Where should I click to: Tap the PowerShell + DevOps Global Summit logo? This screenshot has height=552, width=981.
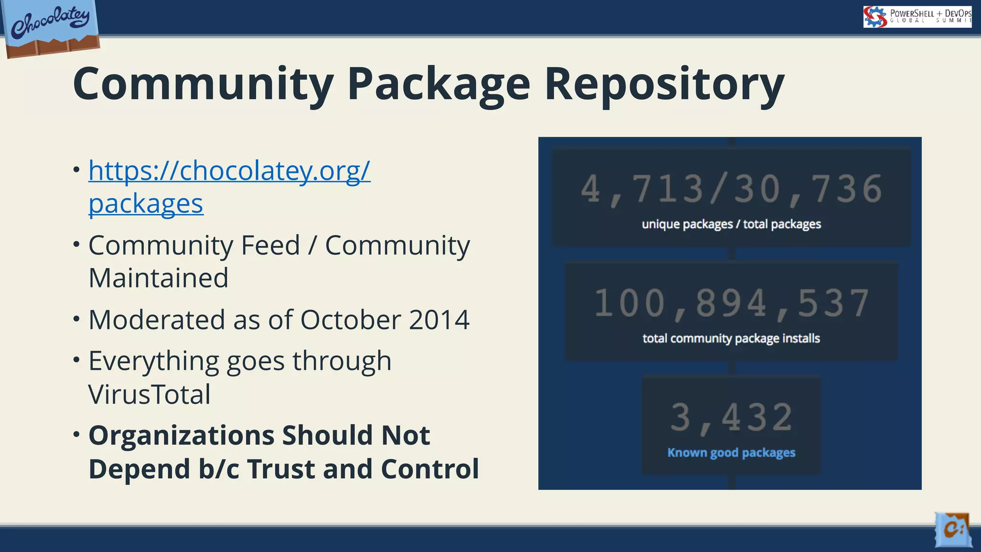point(917,17)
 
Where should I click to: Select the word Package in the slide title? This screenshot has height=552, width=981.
point(438,84)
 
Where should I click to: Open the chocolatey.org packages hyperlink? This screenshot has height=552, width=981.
point(229,171)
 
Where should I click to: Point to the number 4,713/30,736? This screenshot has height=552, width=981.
point(731,190)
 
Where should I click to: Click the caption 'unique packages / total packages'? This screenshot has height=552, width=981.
point(731,224)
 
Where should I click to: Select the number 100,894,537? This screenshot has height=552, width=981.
point(731,304)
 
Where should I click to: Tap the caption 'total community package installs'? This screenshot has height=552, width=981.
point(731,338)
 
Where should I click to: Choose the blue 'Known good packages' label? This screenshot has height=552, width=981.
point(731,453)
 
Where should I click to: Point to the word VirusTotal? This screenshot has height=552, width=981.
point(149,394)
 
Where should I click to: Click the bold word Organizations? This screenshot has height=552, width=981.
point(182,436)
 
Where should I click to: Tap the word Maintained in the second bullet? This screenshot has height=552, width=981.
point(159,278)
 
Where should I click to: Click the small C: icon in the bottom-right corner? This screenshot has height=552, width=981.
point(953,529)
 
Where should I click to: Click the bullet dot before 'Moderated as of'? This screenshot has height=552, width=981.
point(77,318)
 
